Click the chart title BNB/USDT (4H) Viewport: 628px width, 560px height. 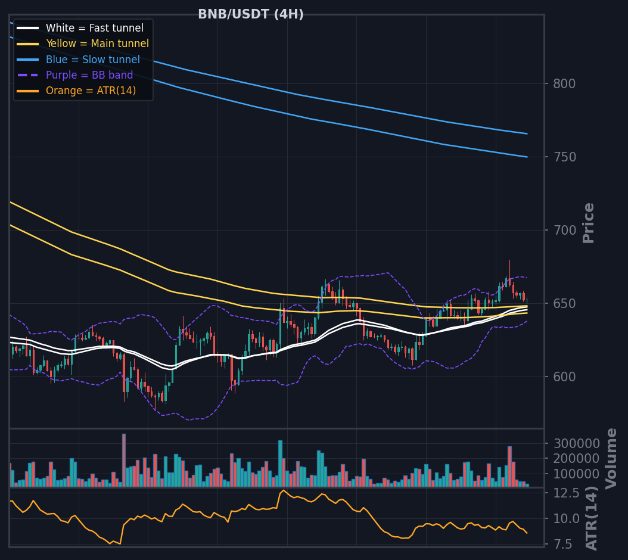(251, 14)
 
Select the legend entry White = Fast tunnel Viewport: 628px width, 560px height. (95, 28)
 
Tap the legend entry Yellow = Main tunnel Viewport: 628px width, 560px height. (97, 43)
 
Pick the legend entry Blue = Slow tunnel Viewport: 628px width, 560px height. (93, 60)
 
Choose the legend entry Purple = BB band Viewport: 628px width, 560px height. (89, 75)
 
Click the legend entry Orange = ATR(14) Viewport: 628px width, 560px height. (91, 91)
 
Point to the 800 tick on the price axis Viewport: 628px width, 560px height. (564, 84)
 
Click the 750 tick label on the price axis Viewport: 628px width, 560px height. (564, 157)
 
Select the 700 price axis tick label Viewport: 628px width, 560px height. (564, 231)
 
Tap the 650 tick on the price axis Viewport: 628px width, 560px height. (564, 304)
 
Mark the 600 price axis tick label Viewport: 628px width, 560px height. (564, 377)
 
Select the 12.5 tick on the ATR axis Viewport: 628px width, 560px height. (566, 493)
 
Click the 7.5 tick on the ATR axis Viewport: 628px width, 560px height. (562, 544)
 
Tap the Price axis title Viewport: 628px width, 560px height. (588, 223)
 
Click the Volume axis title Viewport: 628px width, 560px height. (611, 459)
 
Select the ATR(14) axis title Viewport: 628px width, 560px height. (592, 518)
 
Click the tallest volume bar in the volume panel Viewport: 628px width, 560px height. (124, 460)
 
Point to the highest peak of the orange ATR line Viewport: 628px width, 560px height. (283, 490)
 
